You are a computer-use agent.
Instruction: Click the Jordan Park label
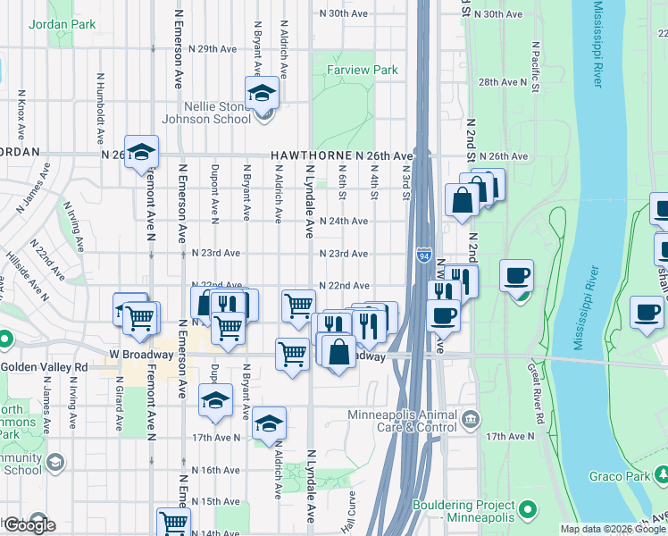point(62,25)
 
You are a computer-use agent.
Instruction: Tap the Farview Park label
point(362,70)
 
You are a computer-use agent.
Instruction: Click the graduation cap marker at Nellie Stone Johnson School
point(263,93)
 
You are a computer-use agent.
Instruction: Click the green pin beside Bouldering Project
point(528,510)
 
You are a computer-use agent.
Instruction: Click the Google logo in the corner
point(29,525)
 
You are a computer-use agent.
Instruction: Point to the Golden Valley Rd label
point(44,367)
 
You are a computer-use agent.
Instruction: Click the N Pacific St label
point(535,66)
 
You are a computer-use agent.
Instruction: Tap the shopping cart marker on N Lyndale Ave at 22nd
point(298,306)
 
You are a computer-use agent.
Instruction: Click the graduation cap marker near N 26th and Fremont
point(141,153)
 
